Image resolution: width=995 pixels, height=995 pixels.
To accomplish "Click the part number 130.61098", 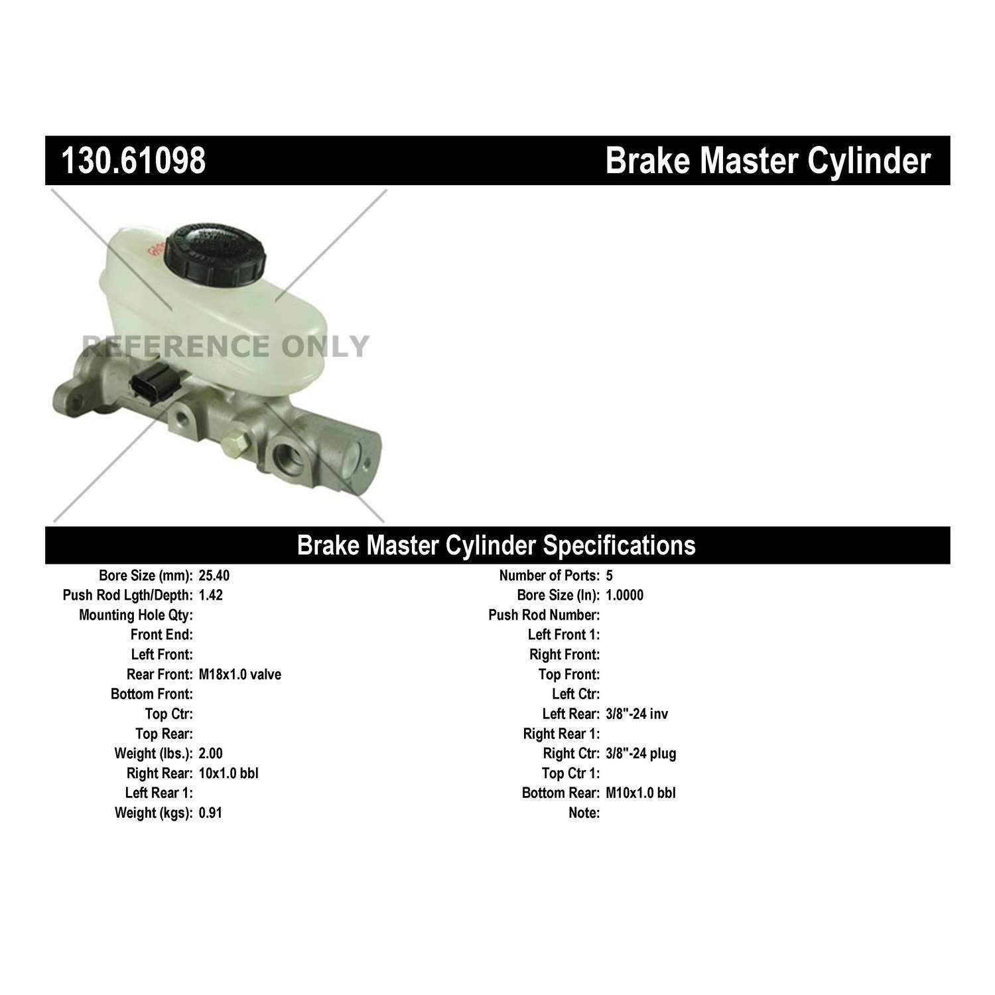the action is pos(133,161).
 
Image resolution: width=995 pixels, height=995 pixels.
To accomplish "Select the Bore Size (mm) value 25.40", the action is pos(214,576).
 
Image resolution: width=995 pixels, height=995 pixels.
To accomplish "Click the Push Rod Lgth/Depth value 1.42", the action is pos(210,595).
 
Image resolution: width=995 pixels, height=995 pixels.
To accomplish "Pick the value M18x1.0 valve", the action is pos(239,675).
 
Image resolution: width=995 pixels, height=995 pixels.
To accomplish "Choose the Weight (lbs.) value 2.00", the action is pos(210,754).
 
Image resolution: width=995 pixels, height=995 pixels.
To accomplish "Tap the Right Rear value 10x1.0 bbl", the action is pos(228,773).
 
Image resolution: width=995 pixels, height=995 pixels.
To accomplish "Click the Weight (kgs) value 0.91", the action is pos(210,813).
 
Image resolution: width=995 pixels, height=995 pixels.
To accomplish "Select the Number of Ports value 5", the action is pos(609,576).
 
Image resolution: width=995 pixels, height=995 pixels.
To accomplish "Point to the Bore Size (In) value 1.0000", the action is pos(624,595).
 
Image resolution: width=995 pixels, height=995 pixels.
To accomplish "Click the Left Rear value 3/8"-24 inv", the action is pos(637,714).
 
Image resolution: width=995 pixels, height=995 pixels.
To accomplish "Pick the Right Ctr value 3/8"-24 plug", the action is pos(641,754).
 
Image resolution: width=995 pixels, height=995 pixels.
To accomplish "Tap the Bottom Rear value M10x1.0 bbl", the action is pos(641,793).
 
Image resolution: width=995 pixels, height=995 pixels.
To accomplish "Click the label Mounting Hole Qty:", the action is pos(136,615).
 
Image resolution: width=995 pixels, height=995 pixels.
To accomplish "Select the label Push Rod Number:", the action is pos(544,615).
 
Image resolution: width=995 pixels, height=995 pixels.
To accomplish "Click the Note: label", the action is pos(584,813).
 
